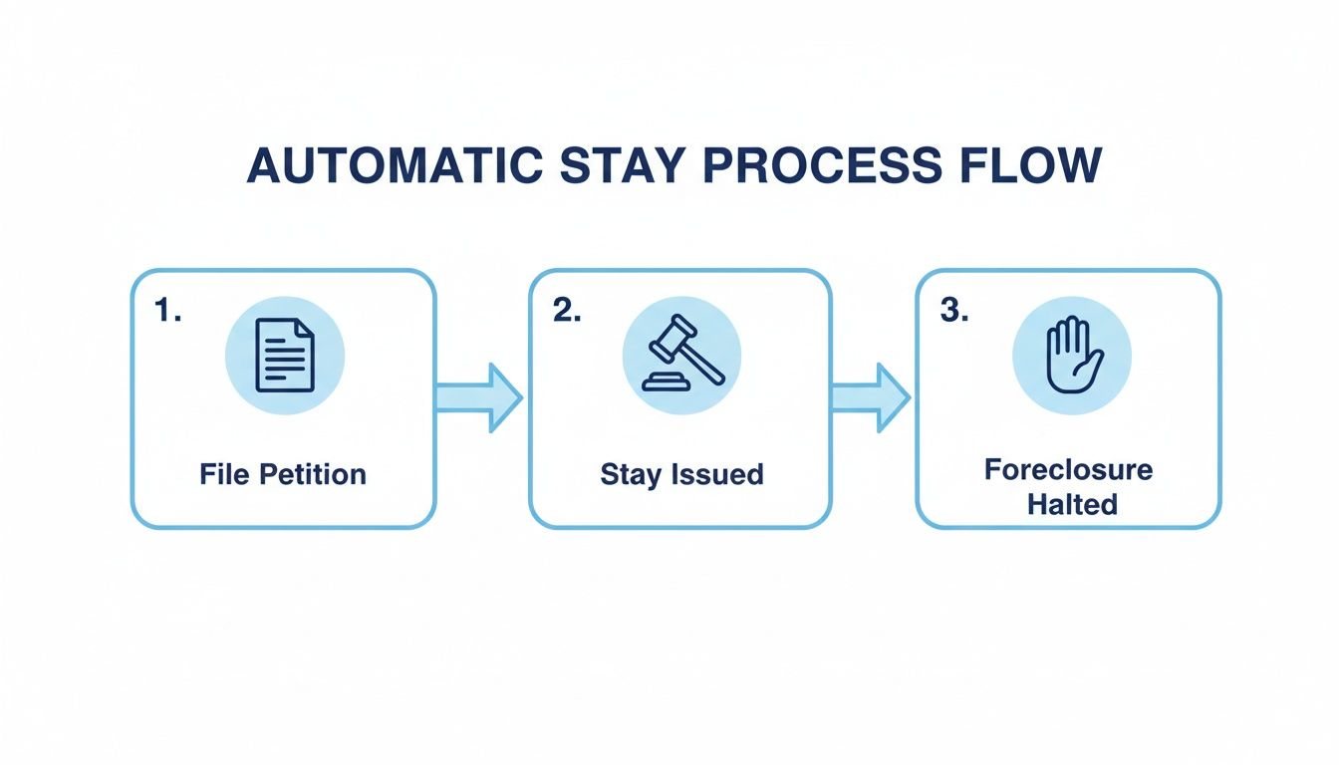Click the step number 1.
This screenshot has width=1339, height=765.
[x=167, y=311]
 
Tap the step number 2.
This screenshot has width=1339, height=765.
[x=566, y=311]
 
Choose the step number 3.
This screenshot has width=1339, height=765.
[x=954, y=311]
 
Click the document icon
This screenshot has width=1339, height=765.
[x=285, y=356]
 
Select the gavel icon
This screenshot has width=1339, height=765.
[x=681, y=356]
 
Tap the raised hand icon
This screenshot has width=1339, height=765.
[x=1071, y=356]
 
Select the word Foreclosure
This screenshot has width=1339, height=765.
[x=1069, y=470]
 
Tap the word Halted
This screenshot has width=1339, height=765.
[x=1072, y=504]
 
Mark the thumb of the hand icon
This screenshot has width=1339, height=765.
[x=1095, y=366]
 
